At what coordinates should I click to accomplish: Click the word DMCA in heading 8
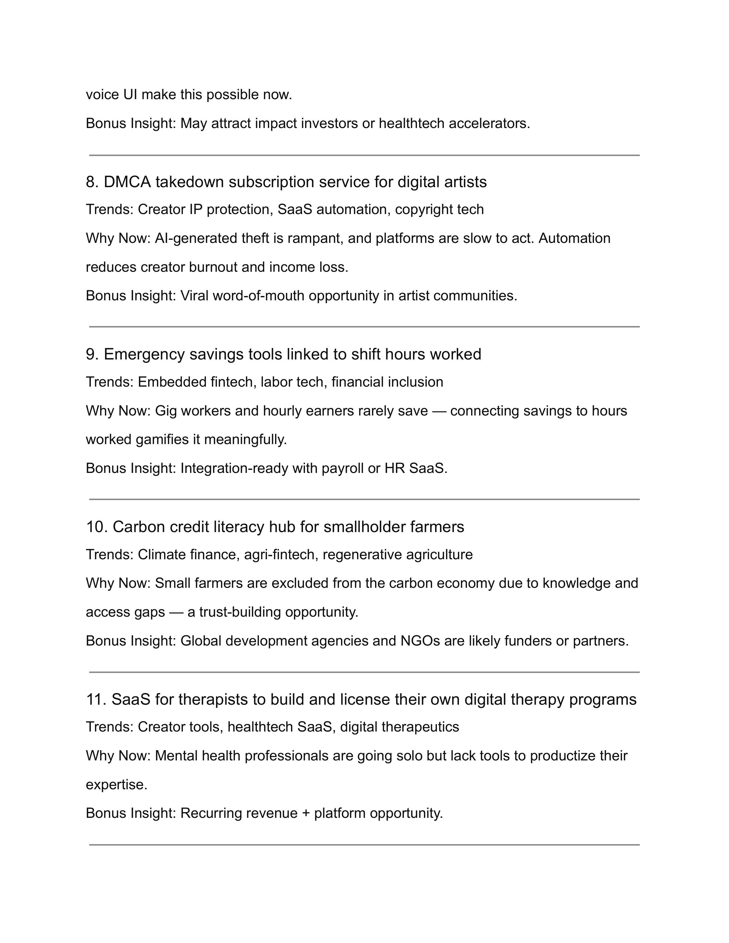(x=128, y=182)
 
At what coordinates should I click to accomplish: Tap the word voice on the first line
(x=102, y=95)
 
